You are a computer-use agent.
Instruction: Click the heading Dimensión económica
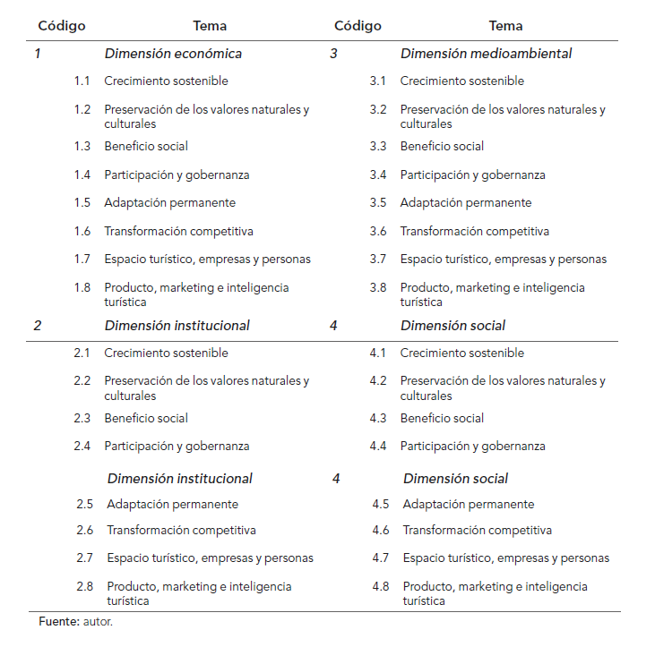click(173, 54)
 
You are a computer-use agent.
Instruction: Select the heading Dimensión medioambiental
click(486, 54)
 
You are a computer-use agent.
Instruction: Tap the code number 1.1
click(82, 81)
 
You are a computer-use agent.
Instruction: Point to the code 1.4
click(82, 175)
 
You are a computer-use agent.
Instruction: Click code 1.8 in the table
click(82, 288)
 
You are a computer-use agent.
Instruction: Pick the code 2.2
click(82, 381)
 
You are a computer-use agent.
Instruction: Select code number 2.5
click(85, 505)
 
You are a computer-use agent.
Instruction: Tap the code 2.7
click(85, 558)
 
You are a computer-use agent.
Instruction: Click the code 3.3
click(378, 147)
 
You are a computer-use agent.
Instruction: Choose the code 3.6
click(378, 232)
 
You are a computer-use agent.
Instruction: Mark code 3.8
click(378, 288)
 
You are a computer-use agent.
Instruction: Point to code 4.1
click(378, 353)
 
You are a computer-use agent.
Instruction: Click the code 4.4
click(378, 447)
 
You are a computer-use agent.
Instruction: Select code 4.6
click(381, 531)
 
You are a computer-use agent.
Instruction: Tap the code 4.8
click(381, 587)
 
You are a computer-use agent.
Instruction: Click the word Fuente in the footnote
click(58, 620)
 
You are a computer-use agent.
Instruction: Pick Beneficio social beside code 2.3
click(146, 419)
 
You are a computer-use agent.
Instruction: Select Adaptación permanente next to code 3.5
click(465, 203)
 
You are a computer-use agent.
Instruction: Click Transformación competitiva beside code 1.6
click(178, 232)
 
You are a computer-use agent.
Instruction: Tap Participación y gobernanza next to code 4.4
click(472, 447)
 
